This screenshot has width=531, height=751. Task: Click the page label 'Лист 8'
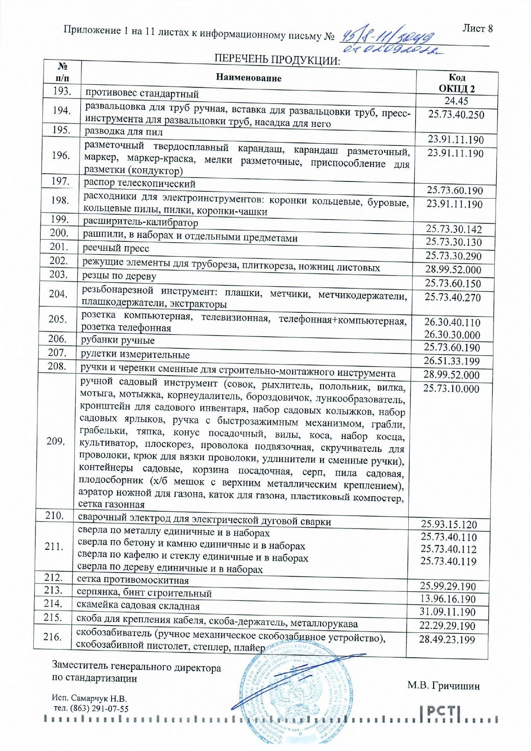click(478, 28)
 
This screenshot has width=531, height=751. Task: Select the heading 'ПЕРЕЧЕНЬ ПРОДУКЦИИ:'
click(277, 59)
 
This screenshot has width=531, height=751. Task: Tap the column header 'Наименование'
click(248, 77)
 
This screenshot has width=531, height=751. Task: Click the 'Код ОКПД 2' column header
click(457, 83)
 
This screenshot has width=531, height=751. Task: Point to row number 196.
click(61, 155)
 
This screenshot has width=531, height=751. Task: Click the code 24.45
click(456, 101)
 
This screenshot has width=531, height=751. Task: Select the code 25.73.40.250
click(456, 115)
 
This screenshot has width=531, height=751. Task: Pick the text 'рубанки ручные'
click(118, 340)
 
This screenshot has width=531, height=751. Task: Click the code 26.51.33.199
click(452, 361)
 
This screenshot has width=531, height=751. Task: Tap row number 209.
click(56, 441)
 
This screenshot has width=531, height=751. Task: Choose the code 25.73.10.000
click(451, 389)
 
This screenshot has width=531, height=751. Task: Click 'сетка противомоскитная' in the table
click(133, 580)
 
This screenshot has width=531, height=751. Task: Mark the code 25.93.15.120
click(449, 524)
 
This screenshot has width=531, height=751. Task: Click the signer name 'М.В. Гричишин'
click(443, 686)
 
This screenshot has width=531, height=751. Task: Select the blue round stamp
click(291, 695)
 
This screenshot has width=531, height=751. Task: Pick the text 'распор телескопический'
click(139, 183)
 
